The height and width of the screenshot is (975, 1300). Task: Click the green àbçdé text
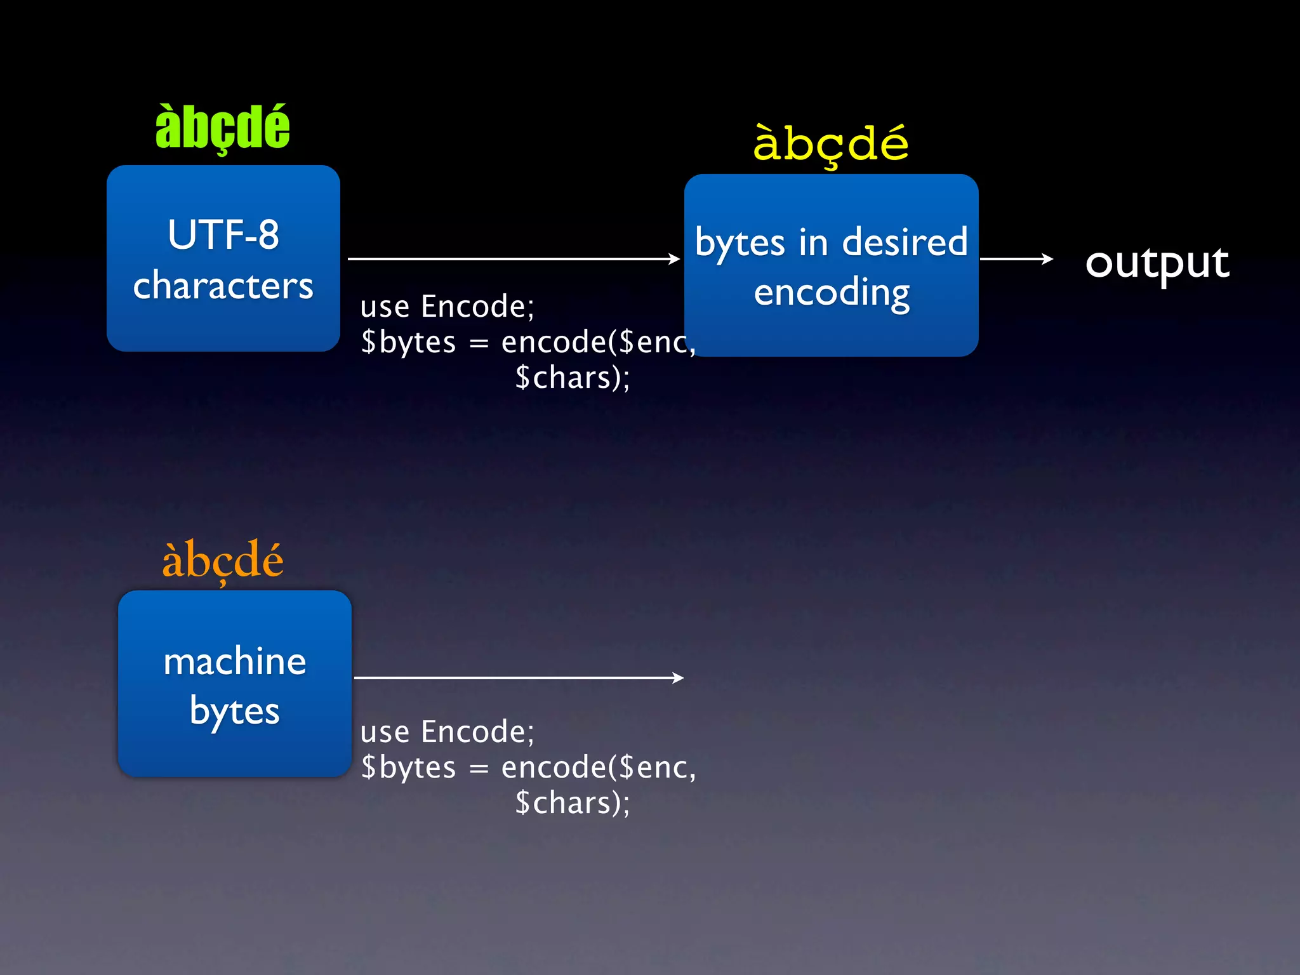222,128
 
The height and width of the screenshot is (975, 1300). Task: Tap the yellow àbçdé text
830,144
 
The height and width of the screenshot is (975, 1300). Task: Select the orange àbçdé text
222,560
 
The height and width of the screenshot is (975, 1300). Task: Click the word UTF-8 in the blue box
223,235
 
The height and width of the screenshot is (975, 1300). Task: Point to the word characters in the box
223,286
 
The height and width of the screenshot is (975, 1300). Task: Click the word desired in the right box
905,242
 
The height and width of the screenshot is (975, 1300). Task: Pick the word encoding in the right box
832,293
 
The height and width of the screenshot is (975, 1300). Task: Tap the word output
1157,262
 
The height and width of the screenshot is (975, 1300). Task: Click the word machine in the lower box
235,661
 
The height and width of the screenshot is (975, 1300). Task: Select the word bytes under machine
235,711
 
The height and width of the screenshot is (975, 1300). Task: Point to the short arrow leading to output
1016,259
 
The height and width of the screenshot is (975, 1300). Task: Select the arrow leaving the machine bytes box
518,678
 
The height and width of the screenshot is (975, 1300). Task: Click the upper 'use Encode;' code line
447,307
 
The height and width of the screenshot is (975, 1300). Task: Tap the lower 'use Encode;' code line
447,732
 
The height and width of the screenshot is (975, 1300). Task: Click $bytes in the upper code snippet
408,342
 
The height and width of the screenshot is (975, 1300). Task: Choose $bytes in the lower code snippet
408,767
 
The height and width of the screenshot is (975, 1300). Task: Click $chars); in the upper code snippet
572,378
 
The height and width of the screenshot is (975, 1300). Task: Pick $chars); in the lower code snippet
572,803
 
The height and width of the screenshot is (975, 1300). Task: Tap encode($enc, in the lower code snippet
598,767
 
